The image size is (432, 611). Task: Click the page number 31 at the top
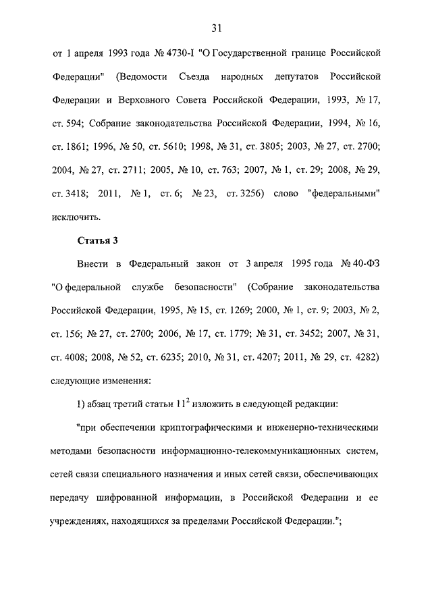(x=217, y=28)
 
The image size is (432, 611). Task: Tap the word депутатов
(x=290, y=76)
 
